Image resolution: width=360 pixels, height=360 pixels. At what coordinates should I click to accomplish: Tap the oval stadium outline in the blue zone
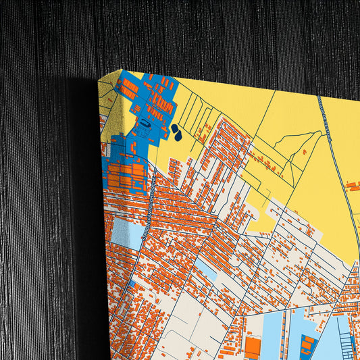coord(145,124)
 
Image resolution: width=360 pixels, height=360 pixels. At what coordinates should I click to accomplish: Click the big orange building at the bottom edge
coord(252,347)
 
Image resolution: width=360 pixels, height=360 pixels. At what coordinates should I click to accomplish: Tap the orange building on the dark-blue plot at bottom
coord(308,344)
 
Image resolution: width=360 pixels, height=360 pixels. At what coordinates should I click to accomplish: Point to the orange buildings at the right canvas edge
coord(352,184)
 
